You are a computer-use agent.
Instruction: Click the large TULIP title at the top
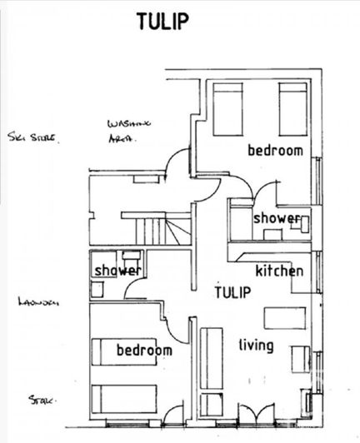click(x=162, y=22)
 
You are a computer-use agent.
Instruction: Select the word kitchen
click(x=279, y=271)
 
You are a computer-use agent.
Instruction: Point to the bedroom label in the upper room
click(x=275, y=151)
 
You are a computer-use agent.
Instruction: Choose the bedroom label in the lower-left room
click(x=143, y=350)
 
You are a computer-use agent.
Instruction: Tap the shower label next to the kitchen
click(x=276, y=217)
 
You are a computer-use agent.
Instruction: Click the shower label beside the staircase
click(x=117, y=271)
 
